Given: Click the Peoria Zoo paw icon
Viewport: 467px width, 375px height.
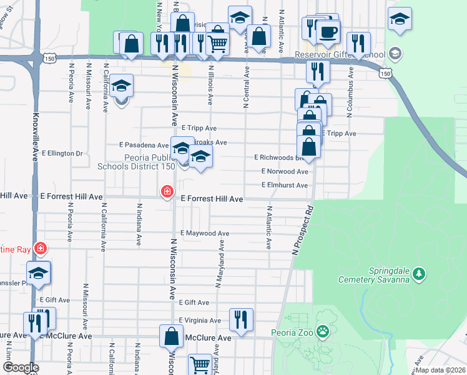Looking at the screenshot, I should tap(323, 331).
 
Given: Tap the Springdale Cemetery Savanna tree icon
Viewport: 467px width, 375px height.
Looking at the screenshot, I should tap(420, 273).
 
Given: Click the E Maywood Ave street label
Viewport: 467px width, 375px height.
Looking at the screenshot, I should tap(205, 233).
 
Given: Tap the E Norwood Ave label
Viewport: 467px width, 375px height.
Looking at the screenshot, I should tap(285, 171).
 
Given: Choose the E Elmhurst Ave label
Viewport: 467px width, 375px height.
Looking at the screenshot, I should tap(285, 186).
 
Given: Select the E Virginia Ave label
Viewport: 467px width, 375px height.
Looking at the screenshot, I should tap(199, 321).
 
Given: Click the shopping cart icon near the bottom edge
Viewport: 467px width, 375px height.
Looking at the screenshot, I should tap(200, 364).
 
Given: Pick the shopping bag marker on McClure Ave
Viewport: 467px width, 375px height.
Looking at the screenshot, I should tap(171, 336).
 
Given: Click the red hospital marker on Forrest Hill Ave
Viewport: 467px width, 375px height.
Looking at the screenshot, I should tap(167, 191).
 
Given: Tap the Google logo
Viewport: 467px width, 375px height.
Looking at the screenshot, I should tap(21, 367).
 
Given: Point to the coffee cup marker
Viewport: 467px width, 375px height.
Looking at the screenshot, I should tap(328, 31).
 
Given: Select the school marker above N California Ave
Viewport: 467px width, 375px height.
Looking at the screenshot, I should tap(122, 87).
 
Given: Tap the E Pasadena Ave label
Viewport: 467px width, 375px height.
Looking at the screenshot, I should tap(144, 144).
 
